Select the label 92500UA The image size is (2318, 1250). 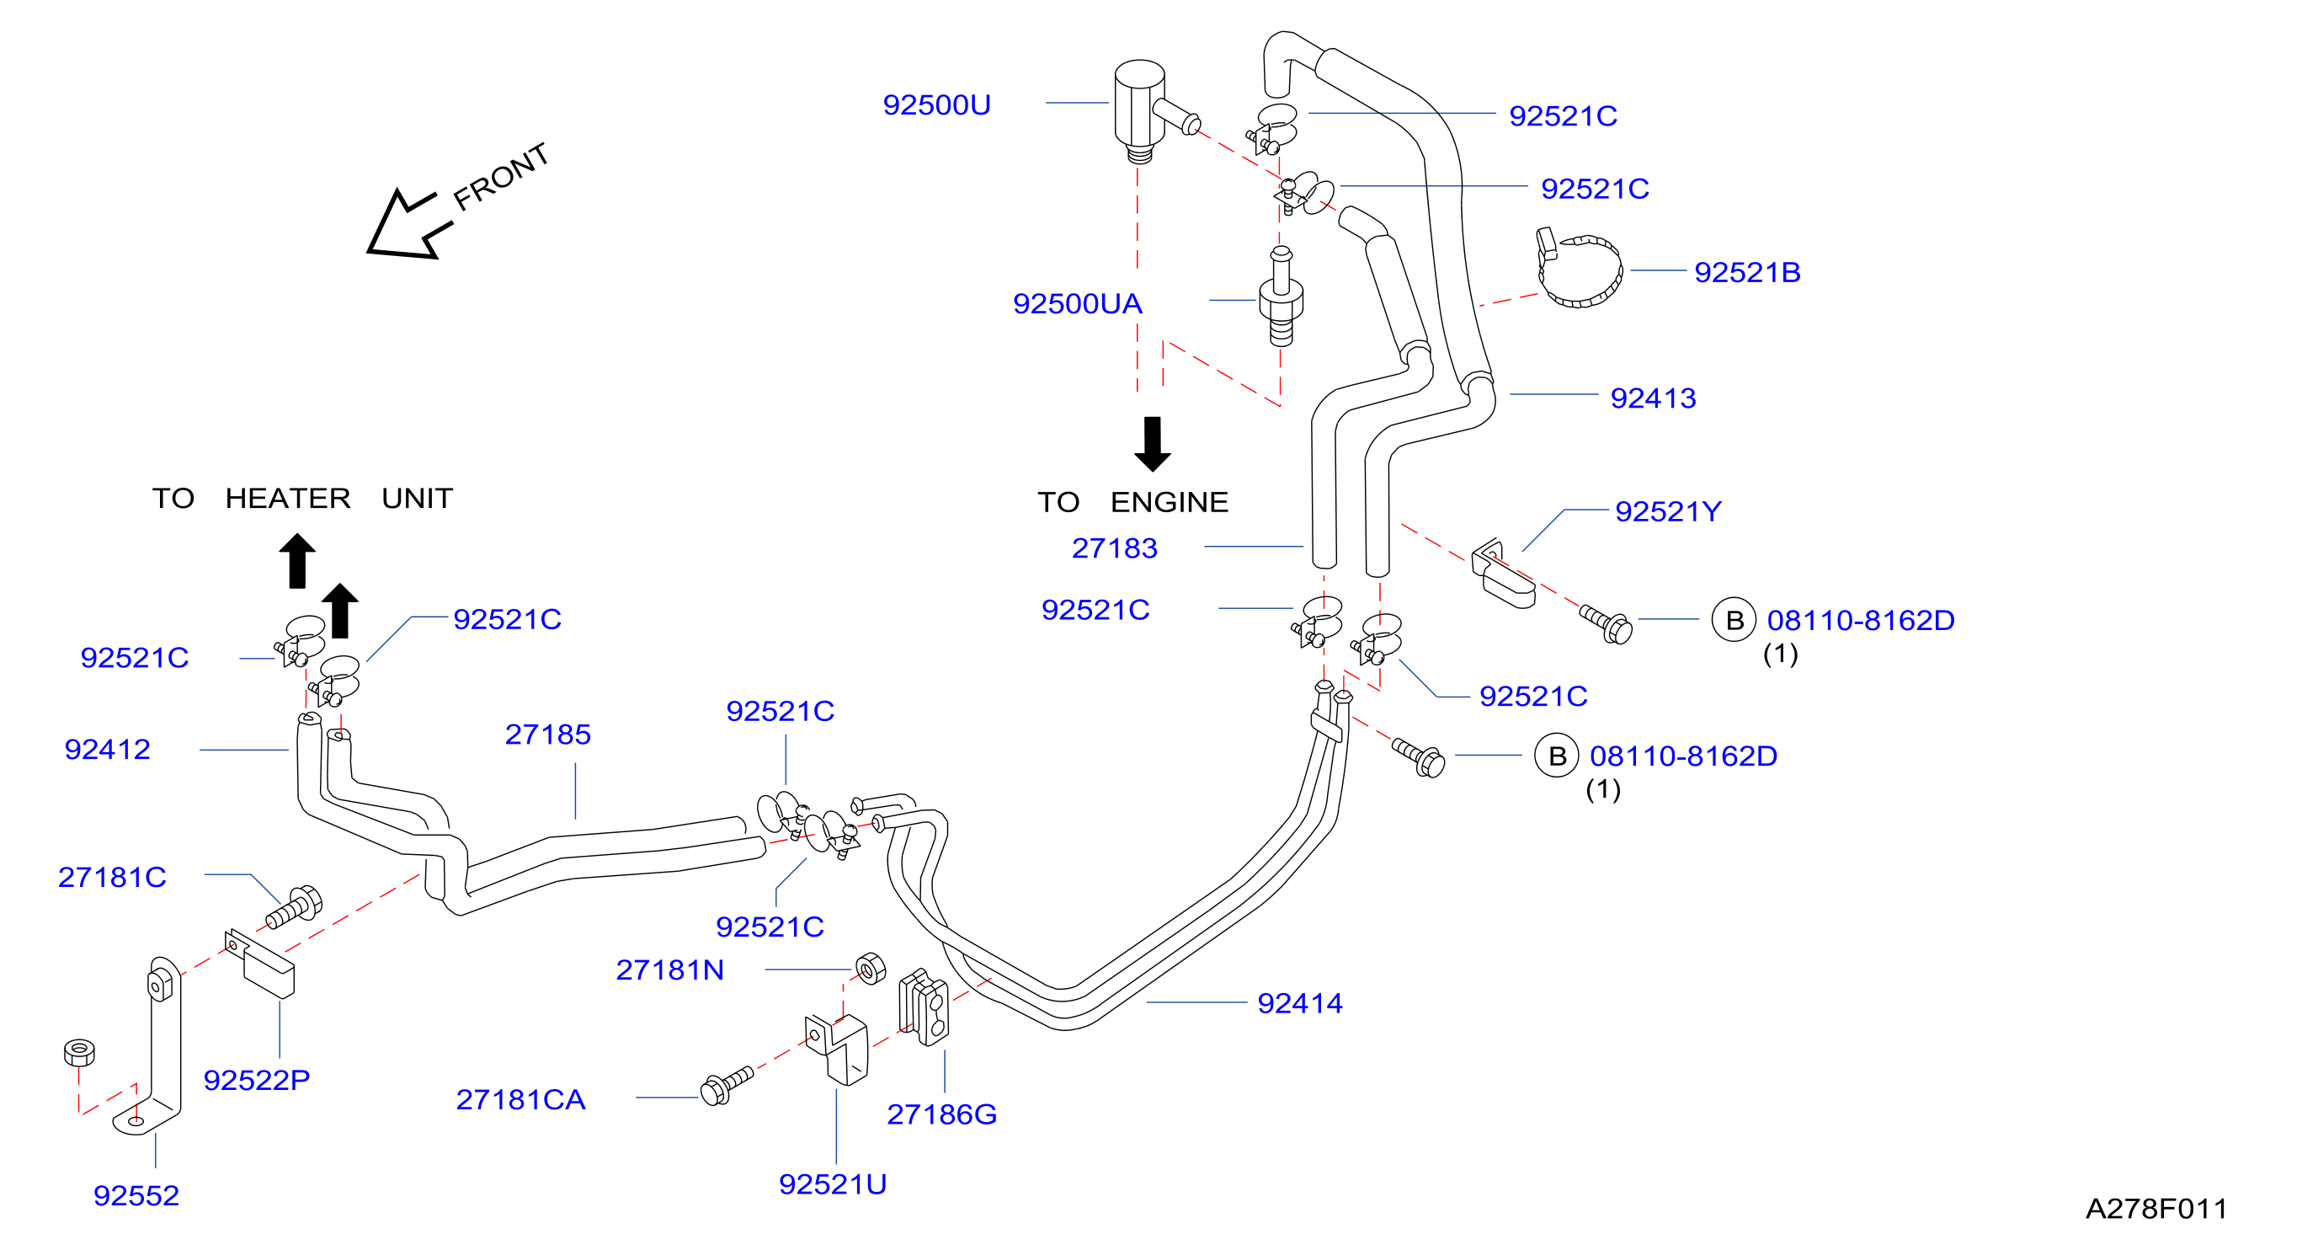coord(1077,304)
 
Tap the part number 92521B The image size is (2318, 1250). coord(1746,273)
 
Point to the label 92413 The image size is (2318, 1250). coord(1652,398)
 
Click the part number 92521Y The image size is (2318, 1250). coord(1667,511)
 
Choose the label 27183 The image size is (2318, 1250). coord(1114,548)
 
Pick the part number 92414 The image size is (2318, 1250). coord(1299,1002)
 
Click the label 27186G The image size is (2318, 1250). coord(941,1114)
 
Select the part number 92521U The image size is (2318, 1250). coord(833,1184)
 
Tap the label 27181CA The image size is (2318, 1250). coord(520,1100)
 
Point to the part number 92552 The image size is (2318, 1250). coord(136,1196)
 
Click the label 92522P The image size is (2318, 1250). coord(257,1080)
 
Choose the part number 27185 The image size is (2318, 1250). coord(547,735)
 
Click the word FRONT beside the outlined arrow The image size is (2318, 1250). coord(500,176)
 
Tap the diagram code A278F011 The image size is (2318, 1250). coord(2156,1209)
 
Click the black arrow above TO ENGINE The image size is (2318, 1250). coord(1152,444)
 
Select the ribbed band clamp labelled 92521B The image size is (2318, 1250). coord(1579,268)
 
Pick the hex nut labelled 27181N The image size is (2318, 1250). coord(870,969)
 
